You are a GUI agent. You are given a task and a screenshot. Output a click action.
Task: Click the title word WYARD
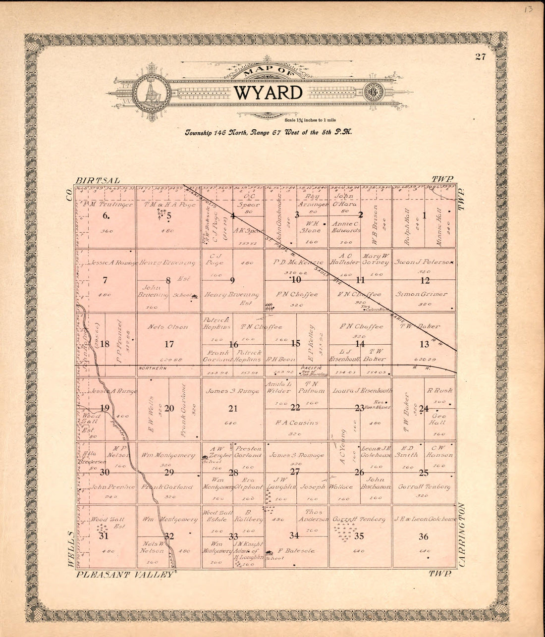pos(268,93)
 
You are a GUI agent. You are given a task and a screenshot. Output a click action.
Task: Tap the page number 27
pos(480,56)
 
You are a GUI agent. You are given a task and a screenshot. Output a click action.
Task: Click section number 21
pos(233,409)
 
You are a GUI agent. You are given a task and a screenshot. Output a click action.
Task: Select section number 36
pos(424,536)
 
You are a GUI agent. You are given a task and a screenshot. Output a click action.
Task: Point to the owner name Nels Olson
pos(168,327)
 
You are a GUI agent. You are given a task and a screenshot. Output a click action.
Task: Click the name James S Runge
pos(233,391)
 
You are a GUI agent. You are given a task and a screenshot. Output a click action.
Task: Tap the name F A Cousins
pos(297,423)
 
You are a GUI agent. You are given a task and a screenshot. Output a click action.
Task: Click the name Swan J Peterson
pos(424,262)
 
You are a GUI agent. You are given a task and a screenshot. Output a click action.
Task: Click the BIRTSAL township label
pos(98,180)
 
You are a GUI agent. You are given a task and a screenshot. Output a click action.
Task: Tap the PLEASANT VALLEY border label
pos(125,574)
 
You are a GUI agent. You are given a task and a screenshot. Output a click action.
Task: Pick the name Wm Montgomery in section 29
pos(168,455)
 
